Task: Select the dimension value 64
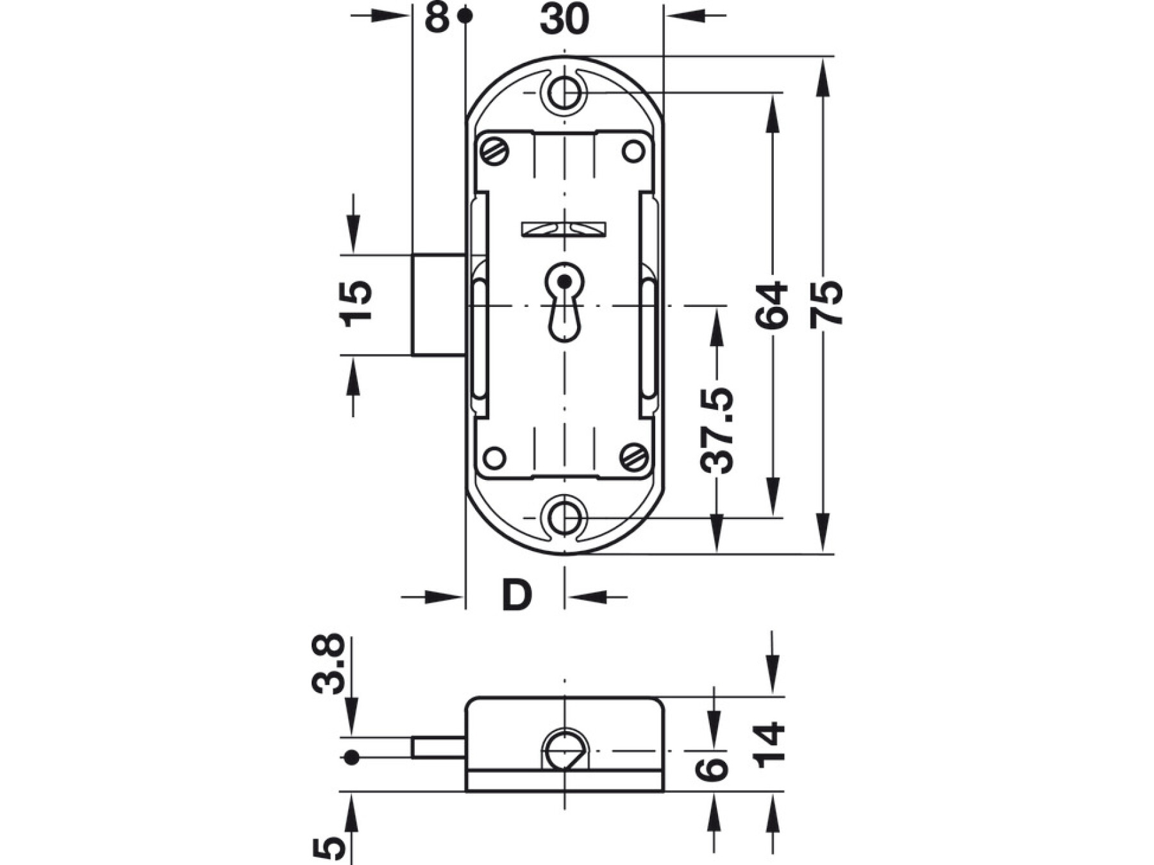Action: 771,305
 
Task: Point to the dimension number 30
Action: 564,19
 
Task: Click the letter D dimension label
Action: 517,595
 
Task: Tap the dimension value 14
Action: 769,745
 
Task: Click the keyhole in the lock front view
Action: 564,301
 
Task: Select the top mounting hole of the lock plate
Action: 564,93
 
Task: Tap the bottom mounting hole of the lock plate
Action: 564,516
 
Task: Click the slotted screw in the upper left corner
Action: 495,151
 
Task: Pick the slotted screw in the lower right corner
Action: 634,457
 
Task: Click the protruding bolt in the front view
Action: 439,304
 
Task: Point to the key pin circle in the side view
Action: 565,750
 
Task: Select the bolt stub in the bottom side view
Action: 439,748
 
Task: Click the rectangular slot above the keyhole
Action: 564,229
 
